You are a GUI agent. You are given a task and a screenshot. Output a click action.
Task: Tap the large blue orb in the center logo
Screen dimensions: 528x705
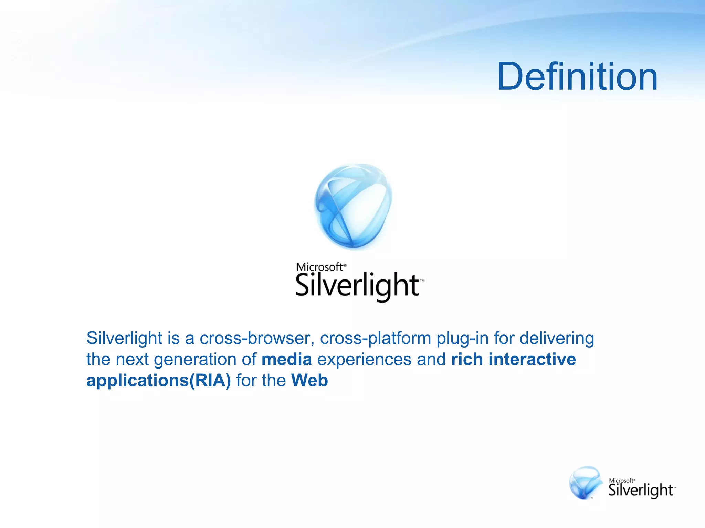[353, 206]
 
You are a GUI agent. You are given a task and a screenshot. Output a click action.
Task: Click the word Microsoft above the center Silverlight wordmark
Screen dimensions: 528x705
[319, 267]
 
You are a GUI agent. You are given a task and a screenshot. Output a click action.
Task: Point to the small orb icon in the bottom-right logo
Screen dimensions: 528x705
[586, 483]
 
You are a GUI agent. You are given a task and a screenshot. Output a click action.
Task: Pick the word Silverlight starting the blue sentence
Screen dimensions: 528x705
[124, 338]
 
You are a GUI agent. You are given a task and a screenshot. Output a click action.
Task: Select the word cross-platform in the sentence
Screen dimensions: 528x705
[376, 338]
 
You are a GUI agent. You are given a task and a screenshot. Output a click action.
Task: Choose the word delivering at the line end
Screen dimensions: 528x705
[557, 338]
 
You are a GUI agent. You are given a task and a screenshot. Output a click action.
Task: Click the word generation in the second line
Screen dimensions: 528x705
[195, 360]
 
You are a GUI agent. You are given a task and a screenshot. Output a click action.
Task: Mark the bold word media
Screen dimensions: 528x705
[287, 360]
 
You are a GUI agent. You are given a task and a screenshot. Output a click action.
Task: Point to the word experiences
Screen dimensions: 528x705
[364, 360]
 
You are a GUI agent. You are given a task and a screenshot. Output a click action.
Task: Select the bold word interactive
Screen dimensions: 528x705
[532, 360]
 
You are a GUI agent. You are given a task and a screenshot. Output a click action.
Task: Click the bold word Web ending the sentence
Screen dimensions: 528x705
[309, 381]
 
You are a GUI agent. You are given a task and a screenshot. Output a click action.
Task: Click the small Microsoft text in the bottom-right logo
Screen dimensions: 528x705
[621, 481]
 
